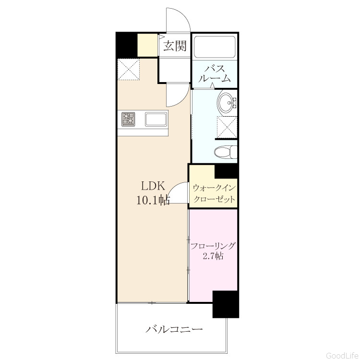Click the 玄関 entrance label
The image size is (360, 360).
tap(175, 46)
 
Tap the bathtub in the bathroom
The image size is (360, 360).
tap(215, 47)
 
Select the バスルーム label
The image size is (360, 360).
tap(215, 74)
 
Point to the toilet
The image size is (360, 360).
tap(226, 152)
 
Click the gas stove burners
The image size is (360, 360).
tap(128, 119)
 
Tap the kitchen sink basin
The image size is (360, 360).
tap(156, 119)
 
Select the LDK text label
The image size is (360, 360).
tap(153, 186)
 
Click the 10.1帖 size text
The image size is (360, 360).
tap(153, 200)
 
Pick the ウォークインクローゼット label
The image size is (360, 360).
tap(214, 193)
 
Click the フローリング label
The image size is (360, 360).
tap(213, 246)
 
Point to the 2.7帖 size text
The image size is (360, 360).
tap(213, 256)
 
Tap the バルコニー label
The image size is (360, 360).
tap(174, 330)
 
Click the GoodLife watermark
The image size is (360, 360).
tap(342, 355)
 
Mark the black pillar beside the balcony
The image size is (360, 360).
tap(226, 304)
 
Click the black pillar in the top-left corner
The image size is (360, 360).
tap(127, 45)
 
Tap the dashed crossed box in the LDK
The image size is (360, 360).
tap(129, 69)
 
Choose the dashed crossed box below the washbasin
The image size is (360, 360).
tap(227, 127)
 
